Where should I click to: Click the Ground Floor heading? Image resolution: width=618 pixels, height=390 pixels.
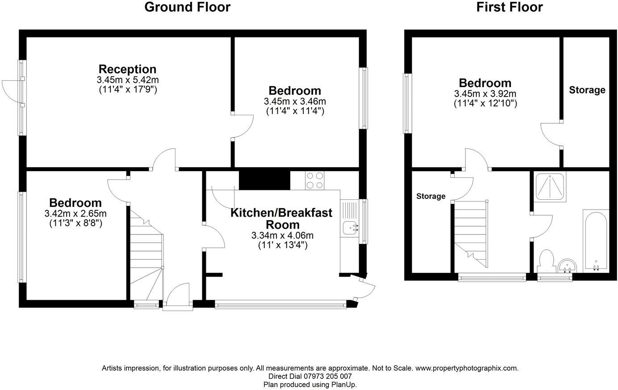[187, 7]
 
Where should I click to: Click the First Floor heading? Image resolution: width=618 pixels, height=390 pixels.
[509, 7]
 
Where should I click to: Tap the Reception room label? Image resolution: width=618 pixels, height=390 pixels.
[127, 69]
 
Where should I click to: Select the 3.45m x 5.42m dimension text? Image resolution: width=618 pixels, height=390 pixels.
[127, 80]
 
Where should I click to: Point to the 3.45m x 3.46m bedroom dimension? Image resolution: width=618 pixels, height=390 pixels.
[295, 101]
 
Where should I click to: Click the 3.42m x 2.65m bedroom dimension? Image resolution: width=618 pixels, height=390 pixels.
[75, 214]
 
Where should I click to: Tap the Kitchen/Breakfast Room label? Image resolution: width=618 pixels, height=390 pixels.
[281, 218]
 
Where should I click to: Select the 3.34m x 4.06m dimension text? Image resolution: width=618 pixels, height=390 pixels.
[282, 235]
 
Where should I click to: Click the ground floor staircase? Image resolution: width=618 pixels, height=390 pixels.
[146, 255]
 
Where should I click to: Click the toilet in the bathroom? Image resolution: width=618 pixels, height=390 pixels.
[547, 261]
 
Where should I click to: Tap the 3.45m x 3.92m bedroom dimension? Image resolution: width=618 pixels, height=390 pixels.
[485, 94]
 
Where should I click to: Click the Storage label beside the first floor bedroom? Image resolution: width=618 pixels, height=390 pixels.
[587, 90]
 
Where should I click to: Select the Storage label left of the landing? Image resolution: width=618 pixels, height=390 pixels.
[431, 196]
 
